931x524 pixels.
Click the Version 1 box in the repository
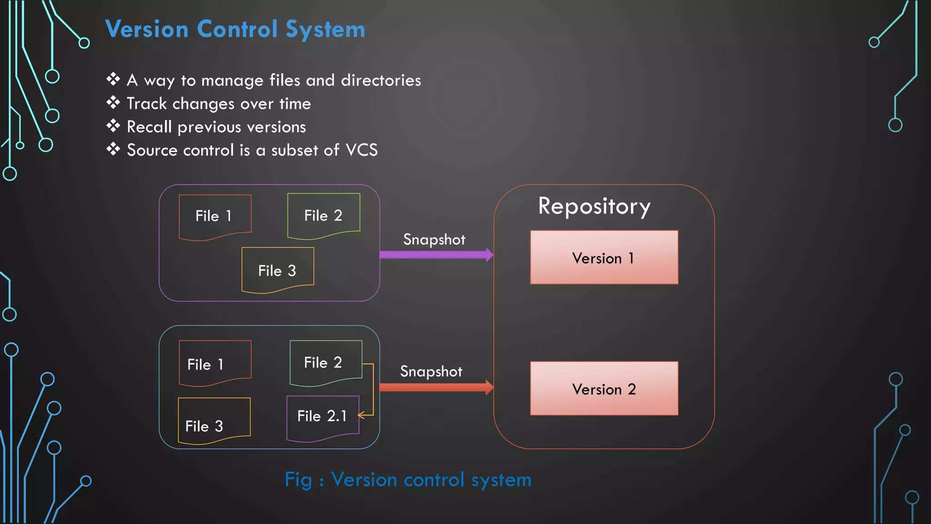[604, 257]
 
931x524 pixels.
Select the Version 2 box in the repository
[604, 388]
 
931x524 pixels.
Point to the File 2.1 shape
[322, 417]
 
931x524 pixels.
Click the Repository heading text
[594, 207]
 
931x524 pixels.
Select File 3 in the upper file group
[277, 270]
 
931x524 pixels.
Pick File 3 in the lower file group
[214, 421]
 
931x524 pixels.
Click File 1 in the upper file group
[215, 216]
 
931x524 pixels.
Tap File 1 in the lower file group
[215, 363]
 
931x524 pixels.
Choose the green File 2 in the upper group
[323, 215]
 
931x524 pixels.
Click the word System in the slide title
[325, 30]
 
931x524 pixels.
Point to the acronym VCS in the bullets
[361, 150]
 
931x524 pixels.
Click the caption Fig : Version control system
[408, 480]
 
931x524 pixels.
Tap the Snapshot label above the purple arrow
[434, 239]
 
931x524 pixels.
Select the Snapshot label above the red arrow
[431, 371]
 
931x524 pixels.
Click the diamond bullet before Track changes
[113, 103]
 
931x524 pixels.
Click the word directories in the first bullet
[381, 80]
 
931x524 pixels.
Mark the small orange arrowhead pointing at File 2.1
[361, 415]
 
